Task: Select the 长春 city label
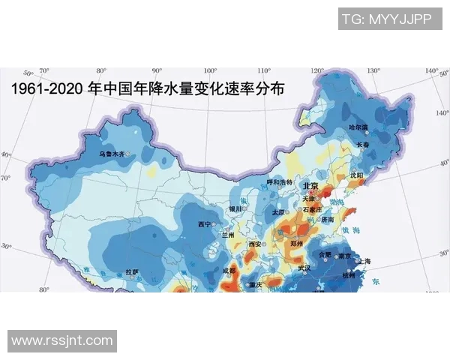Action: [x=363, y=144]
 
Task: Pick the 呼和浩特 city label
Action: [x=280, y=182]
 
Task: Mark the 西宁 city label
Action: [x=204, y=224]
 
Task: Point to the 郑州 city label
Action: [x=297, y=244]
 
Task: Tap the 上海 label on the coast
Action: [x=366, y=261]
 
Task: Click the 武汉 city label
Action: [x=304, y=267]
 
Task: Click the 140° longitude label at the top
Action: [x=431, y=71]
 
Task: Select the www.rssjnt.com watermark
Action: [x=62, y=341]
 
